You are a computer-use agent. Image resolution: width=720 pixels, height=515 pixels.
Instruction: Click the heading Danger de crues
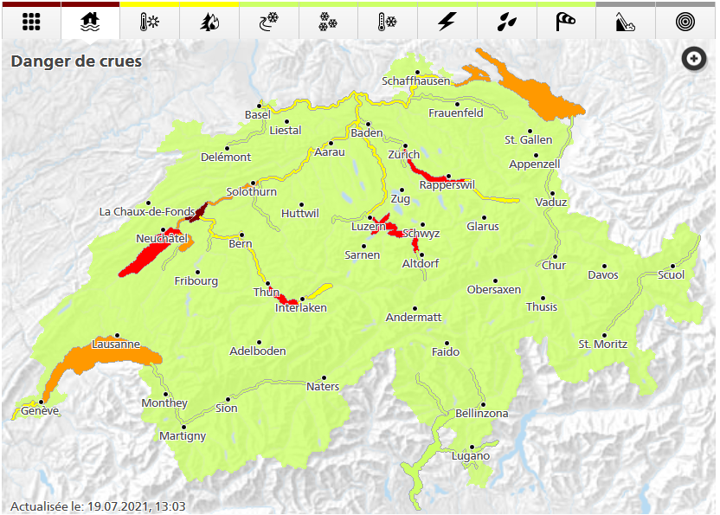[x=76, y=61]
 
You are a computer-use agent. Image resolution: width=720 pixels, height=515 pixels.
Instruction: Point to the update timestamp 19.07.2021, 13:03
[x=138, y=506]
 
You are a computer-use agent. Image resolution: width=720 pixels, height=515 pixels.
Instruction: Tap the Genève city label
[x=40, y=411]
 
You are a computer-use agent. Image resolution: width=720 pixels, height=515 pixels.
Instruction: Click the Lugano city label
[x=471, y=456]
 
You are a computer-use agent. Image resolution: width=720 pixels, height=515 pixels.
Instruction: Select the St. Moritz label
[x=603, y=344]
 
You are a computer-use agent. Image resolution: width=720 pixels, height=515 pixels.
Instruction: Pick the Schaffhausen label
[x=416, y=81]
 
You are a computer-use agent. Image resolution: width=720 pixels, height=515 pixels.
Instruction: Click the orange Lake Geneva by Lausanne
[x=87, y=359]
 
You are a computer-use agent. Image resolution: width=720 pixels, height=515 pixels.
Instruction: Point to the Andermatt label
[x=414, y=318]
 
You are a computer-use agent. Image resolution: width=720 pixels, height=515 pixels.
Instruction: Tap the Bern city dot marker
[x=242, y=235]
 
